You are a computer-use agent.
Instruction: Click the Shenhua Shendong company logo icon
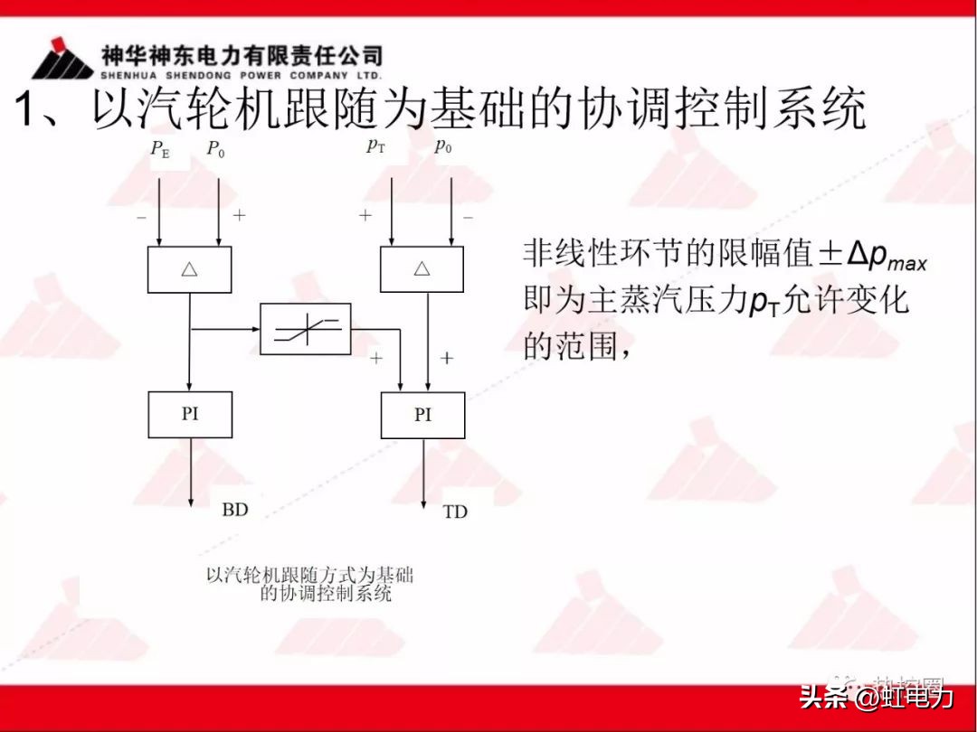point(62,61)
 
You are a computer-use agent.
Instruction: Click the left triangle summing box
point(189,269)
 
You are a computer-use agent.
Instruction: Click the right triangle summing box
point(422,269)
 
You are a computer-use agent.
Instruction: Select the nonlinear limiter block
point(305,329)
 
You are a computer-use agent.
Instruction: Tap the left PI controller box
point(189,415)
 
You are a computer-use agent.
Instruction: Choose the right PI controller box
point(422,416)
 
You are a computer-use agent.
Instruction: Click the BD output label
point(234,511)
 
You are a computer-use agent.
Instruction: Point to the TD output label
point(455,512)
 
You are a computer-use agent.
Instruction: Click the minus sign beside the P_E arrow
point(141,218)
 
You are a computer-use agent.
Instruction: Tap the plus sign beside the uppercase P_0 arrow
point(239,215)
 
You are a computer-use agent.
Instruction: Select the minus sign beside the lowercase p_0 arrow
point(468,217)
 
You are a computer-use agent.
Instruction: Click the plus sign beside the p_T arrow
point(365,215)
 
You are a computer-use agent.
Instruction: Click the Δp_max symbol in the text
point(887,257)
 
